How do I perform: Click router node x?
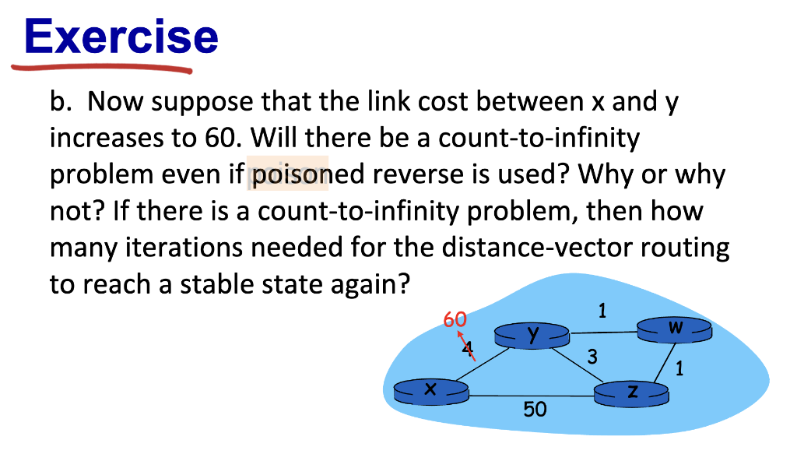[430, 390]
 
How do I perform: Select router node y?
[532, 336]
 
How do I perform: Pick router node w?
[675, 329]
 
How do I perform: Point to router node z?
[631, 393]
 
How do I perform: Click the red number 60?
[455, 319]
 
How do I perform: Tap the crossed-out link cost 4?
[467, 347]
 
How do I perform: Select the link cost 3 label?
[592, 357]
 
